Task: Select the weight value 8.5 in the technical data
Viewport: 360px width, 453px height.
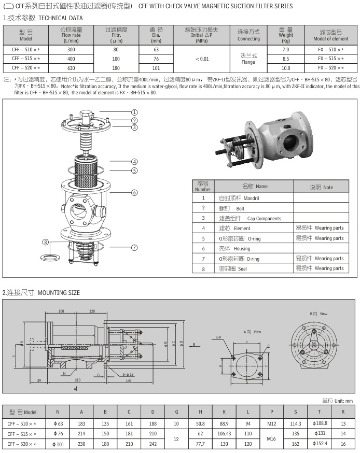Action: click(285, 59)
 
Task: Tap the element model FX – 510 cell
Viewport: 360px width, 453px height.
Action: click(331, 49)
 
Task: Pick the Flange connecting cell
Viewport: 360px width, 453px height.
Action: click(248, 59)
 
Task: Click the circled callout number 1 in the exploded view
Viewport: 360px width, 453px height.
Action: click(134, 111)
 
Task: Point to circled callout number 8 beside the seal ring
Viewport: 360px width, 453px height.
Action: click(46, 242)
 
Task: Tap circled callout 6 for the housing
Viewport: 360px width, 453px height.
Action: click(134, 192)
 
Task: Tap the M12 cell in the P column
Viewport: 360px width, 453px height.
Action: click(271, 423)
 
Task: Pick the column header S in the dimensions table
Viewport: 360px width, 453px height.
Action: click(295, 412)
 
